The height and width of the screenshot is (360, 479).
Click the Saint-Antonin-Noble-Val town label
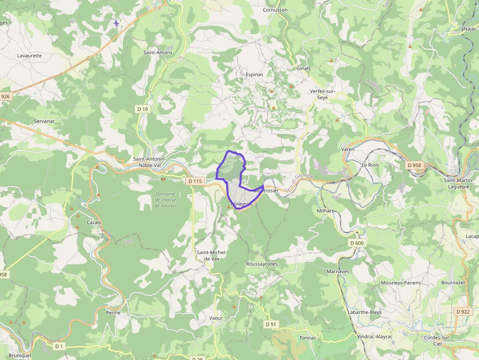pos(150,162)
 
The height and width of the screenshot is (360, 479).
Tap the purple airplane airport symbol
pos(116,23)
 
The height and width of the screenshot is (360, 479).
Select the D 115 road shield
pos(195,181)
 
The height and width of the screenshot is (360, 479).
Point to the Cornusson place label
pos(275,10)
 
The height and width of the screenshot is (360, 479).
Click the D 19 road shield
pos(143,109)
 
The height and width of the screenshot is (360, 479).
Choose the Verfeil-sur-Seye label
pos(323,94)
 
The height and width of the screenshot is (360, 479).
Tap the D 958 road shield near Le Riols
pos(414,165)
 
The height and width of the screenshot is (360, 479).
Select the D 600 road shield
pos(357,243)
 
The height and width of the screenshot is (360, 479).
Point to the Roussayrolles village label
pos(262,264)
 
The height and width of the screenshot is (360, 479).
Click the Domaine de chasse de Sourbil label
pos(165,200)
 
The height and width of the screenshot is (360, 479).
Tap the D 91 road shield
pos(271,324)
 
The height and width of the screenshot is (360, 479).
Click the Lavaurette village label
pos(30,56)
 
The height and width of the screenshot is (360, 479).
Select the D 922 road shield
pos(462,312)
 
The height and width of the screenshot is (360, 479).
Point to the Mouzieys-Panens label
pos(401,283)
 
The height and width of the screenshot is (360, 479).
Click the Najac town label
pos(470,29)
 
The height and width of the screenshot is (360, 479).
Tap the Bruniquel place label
pos(20,356)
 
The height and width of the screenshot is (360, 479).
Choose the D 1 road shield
pos(59,346)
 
